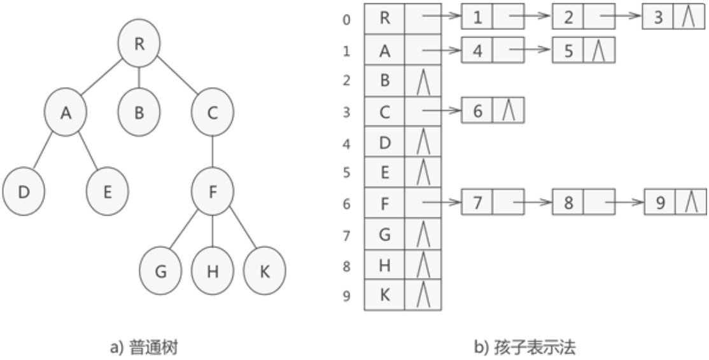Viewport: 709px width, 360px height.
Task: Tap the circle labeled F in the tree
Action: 213,191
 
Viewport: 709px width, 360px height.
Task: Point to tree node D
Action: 24,191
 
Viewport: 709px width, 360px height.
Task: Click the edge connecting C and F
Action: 213,152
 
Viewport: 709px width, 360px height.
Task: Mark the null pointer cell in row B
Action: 423,82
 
